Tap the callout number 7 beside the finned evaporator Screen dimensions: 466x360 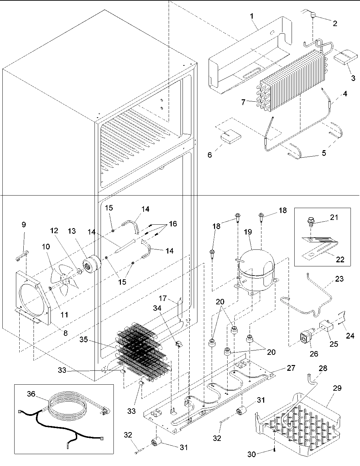coord(243,102)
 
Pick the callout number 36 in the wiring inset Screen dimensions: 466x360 coord(31,394)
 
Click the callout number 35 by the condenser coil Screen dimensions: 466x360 coord(84,339)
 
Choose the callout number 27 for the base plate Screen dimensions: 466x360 coord(291,368)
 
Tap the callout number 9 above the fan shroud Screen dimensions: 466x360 coord(24,224)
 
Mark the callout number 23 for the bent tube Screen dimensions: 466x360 coord(339,279)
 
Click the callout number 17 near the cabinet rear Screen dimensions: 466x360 coord(163,298)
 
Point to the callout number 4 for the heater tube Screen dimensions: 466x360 coord(345,94)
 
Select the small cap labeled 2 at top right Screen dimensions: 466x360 coord(314,15)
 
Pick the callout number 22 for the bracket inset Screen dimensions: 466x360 coord(340,260)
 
